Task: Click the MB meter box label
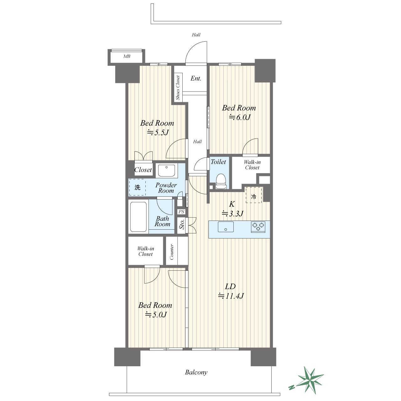pyautogui.click(x=127, y=56)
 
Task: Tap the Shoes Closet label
pyautogui.click(x=178, y=87)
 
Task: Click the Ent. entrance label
pyautogui.click(x=196, y=78)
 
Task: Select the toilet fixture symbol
pyautogui.click(x=221, y=181)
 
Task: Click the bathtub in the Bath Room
pyautogui.click(x=138, y=217)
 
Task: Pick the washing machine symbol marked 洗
pyautogui.click(x=137, y=187)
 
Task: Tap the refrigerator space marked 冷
pyautogui.click(x=254, y=195)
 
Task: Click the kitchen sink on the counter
pyautogui.click(x=226, y=227)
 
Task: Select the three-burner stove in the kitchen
pyautogui.click(x=258, y=227)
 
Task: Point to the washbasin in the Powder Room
pyautogui.click(x=167, y=171)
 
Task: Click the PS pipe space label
pyautogui.click(x=181, y=212)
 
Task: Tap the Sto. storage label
pyautogui.click(x=182, y=224)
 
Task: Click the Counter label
pyautogui.click(x=172, y=252)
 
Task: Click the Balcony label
pyautogui.click(x=196, y=372)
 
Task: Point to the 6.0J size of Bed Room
pyautogui.click(x=240, y=118)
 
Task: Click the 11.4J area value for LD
pyautogui.click(x=231, y=296)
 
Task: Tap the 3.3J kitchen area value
pyautogui.click(x=233, y=214)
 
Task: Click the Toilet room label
pyautogui.click(x=218, y=162)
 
